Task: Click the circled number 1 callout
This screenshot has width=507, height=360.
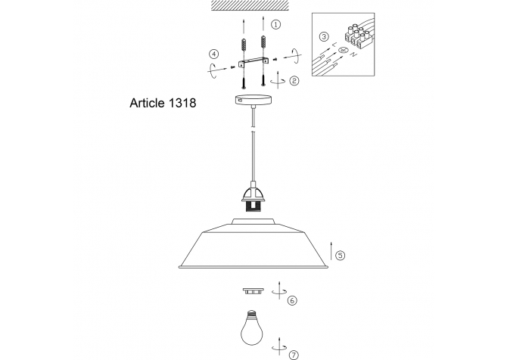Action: click(x=275, y=24)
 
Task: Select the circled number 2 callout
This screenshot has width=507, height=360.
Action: click(x=294, y=80)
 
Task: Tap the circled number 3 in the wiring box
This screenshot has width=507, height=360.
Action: click(x=324, y=36)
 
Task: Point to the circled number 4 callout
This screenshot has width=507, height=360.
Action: click(x=213, y=54)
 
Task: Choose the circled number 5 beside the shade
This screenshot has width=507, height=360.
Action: click(x=341, y=256)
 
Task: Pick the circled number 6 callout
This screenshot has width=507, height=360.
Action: click(x=292, y=300)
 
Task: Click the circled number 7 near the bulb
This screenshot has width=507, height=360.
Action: click(x=294, y=355)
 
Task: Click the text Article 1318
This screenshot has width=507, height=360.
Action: click(x=163, y=103)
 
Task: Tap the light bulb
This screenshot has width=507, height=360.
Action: click(x=251, y=327)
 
